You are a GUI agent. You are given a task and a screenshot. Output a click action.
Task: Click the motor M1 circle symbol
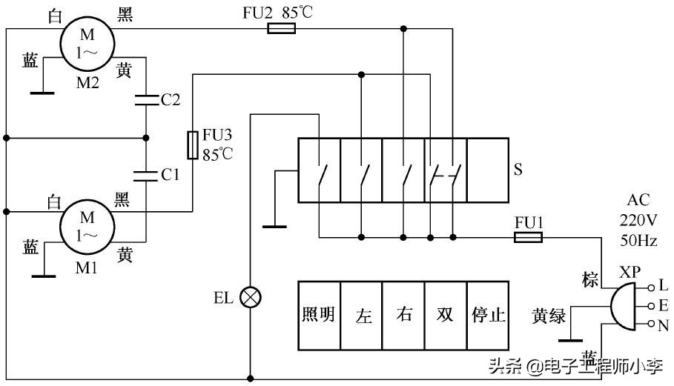click(87, 226)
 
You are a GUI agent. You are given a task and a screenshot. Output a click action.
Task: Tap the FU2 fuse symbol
click(281, 29)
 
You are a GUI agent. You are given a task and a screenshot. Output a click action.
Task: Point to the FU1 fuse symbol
click(528, 237)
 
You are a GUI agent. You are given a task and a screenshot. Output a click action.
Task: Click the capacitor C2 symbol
click(146, 99)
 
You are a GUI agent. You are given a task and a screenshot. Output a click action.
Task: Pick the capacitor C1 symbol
click(146, 175)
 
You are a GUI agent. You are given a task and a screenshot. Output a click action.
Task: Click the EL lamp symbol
click(251, 297)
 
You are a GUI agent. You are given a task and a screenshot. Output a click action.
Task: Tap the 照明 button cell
click(319, 315)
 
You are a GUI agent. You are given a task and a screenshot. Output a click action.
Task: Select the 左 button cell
click(362, 315)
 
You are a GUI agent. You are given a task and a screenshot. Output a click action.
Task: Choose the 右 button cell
click(404, 315)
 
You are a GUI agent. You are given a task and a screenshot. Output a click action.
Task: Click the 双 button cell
click(446, 315)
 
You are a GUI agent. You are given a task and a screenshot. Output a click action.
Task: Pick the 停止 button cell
click(488, 315)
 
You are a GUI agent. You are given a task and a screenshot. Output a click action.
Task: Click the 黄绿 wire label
click(549, 317)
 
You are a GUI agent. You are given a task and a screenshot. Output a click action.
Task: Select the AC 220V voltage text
click(638, 220)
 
